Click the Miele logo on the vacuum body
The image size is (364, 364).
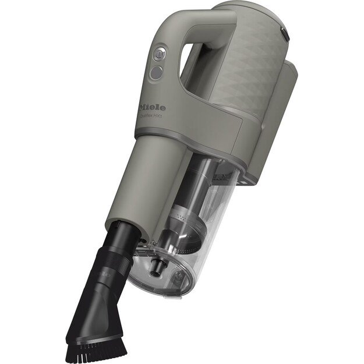(153, 107)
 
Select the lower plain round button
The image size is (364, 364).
(156, 73)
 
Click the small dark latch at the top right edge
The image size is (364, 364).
(284, 35)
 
